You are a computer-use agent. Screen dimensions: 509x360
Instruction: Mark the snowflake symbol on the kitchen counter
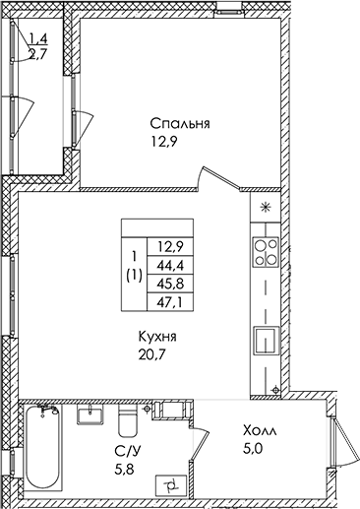(x=266, y=208)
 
